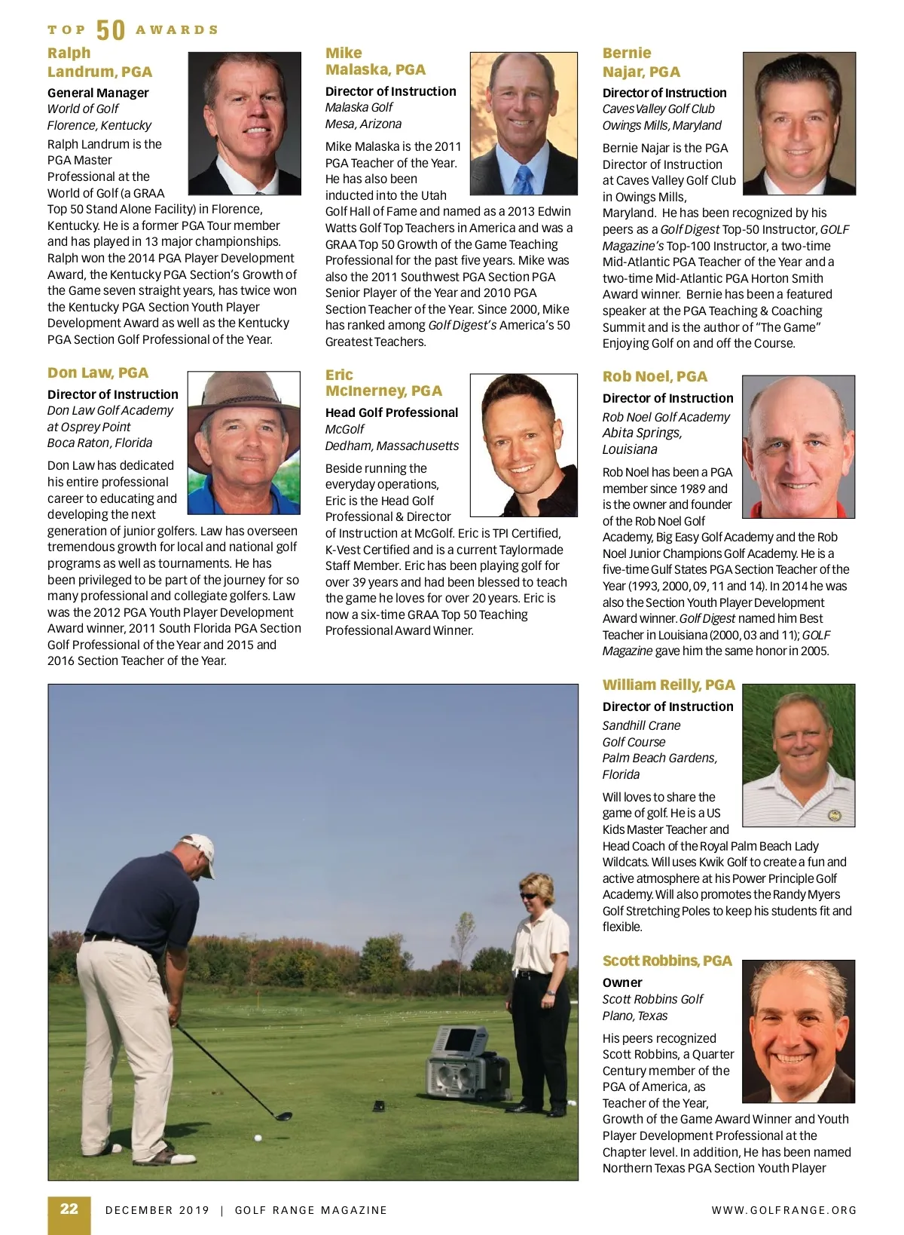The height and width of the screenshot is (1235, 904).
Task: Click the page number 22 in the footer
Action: tap(69, 1209)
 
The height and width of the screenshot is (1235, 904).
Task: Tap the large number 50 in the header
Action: tap(111, 30)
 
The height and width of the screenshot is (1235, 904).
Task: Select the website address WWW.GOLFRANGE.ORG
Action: tap(784, 1210)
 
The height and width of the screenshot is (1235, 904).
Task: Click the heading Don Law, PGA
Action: tap(98, 372)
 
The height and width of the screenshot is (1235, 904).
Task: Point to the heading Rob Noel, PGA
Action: tap(655, 376)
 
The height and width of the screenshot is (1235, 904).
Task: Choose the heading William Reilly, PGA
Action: tap(668, 685)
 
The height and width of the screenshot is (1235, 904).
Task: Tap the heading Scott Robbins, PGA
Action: tap(667, 961)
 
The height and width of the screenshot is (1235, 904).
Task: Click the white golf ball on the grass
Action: tap(258, 1138)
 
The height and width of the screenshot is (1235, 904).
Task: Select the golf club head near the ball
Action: tap(283, 1117)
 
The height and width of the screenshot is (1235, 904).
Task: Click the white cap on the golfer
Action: tap(200, 847)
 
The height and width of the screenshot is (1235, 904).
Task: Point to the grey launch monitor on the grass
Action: tap(464, 1064)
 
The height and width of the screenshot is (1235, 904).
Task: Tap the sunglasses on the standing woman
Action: tap(530, 895)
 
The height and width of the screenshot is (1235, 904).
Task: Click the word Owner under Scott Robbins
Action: tap(622, 982)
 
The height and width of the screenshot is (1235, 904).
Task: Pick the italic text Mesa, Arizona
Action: tap(363, 124)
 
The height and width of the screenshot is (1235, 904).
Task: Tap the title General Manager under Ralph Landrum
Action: tap(98, 93)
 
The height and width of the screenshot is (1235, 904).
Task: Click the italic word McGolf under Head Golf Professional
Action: tap(344, 429)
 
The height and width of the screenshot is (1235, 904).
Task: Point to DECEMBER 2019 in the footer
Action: tap(157, 1210)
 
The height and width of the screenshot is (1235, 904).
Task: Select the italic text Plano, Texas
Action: tap(634, 1016)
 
